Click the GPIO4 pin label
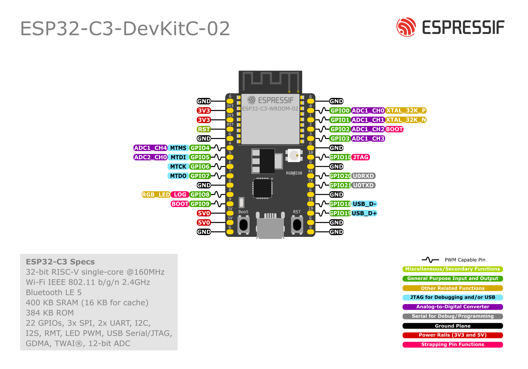200,148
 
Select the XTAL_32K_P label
406,111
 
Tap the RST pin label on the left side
204,129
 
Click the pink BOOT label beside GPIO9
180,204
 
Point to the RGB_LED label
156,195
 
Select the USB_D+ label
364,213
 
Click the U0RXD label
364,176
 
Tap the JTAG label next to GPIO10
361,157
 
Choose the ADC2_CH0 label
150,157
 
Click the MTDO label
178,176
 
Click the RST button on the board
297,225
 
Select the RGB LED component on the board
294,156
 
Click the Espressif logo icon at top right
406,27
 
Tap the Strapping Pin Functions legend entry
452,345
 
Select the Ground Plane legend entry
452,326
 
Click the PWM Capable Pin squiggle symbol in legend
430,260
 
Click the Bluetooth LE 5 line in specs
54,293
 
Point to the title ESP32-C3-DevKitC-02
125,29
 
